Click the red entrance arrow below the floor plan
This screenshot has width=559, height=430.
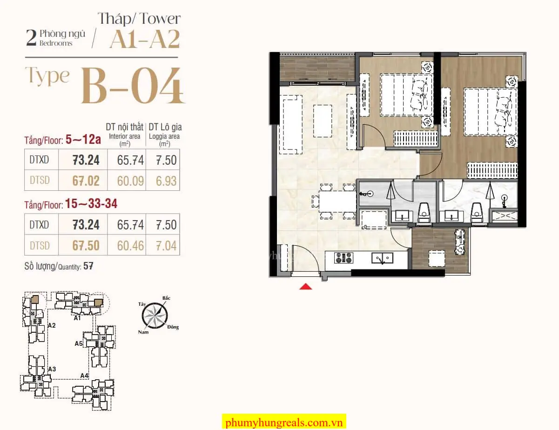(306, 286)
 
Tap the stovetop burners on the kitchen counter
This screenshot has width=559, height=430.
(343, 258)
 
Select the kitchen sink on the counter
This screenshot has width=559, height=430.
(382, 258)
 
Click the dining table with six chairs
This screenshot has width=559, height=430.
(334, 201)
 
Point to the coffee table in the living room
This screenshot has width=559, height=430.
(323, 121)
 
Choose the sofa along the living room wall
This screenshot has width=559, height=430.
(292, 124)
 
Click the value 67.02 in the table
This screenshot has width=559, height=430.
(86, 181)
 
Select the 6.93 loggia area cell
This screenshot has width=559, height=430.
(166, 181)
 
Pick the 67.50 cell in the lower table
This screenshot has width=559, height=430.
(86, 246)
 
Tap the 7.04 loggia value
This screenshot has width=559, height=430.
(166, 246)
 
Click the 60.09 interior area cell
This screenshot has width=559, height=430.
(130, 181)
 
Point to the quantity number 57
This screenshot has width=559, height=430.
(88, 266)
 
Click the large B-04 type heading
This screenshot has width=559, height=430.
(132, 86)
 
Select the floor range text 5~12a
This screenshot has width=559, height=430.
(83, 139)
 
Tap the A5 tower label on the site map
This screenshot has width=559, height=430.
(79, 343)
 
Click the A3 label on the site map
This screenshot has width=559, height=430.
(52, 369)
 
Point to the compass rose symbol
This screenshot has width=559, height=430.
(155, 316)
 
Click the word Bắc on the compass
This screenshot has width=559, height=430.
(166, 298)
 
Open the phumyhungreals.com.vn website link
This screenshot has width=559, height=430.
(284, 423)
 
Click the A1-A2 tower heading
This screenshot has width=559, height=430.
(145, 39)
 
